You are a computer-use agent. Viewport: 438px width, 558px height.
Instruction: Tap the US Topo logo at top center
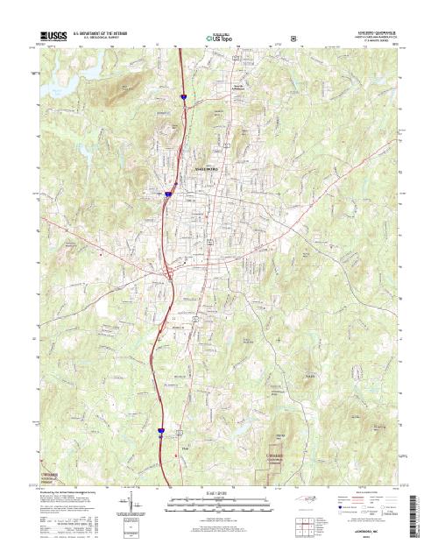point(218,39)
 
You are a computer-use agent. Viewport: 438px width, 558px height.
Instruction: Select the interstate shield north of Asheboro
point(184,98)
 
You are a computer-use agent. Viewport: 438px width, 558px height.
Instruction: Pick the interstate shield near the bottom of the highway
point(161,430)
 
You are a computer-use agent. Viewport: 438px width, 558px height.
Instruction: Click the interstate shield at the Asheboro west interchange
point(166,194)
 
